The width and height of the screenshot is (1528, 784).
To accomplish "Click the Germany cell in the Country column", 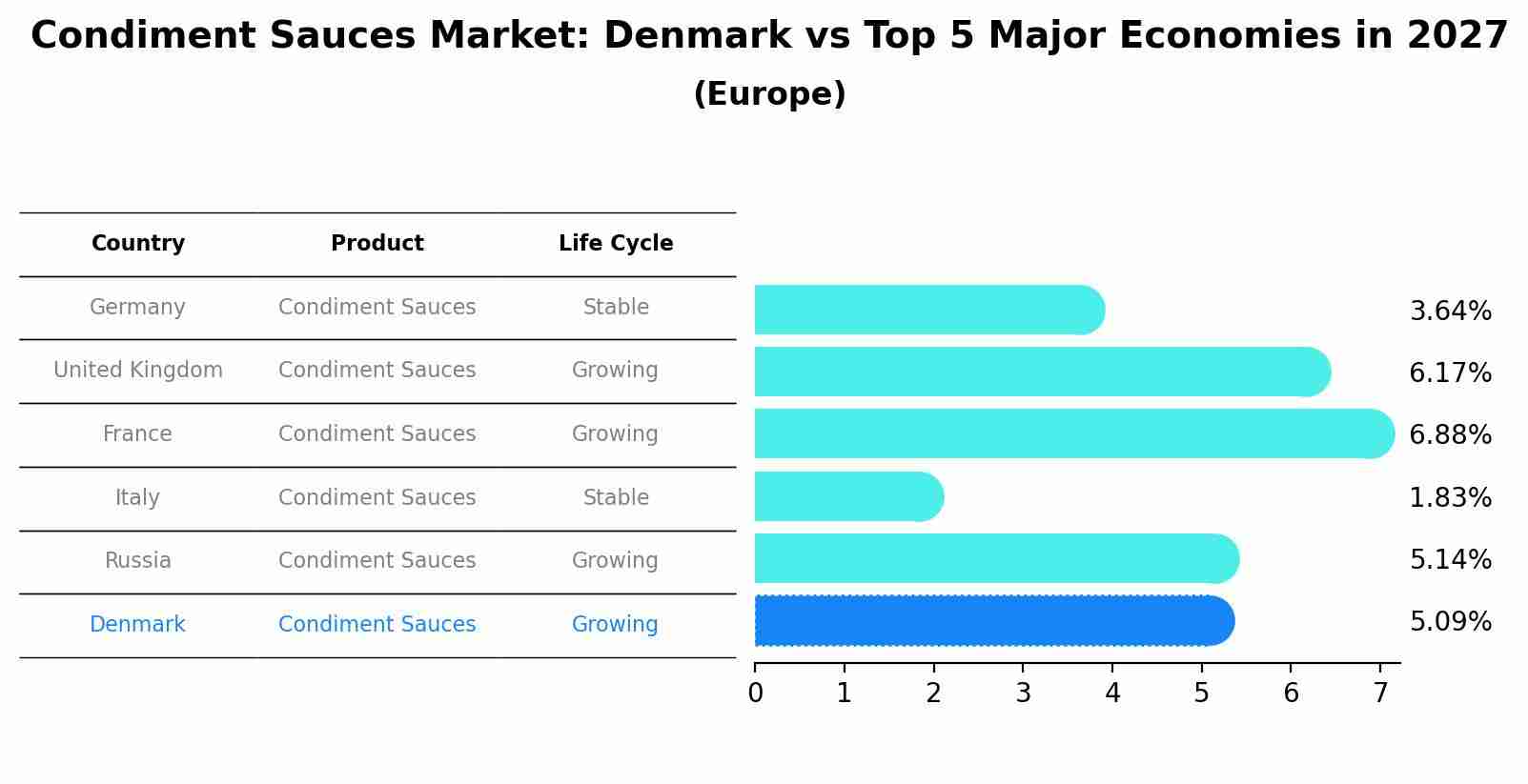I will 137,308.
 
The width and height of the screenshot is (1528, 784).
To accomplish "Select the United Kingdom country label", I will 137,371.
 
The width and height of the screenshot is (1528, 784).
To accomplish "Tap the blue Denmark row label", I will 137,625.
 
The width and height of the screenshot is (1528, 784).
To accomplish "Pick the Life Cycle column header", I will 616,244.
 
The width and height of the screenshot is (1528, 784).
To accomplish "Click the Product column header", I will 377,244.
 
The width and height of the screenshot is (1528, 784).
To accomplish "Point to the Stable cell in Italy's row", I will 616,498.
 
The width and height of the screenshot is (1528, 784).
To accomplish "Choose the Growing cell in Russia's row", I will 615,561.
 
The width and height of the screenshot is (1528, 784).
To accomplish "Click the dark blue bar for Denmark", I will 991,621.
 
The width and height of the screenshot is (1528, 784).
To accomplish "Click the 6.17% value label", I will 1450,373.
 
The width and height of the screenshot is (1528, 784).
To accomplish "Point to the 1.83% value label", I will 1450,498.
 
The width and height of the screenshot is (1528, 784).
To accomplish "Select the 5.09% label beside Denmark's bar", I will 1450,622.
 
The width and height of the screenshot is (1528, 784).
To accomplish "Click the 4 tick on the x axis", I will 1112,694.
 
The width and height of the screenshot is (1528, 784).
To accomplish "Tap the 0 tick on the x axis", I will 755,694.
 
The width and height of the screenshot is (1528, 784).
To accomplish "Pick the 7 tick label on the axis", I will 1380,694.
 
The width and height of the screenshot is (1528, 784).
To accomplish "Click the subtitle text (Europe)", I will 769,94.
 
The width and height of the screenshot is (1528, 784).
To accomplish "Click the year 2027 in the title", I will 1457,36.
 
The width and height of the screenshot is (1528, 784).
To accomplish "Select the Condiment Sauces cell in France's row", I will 377,434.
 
